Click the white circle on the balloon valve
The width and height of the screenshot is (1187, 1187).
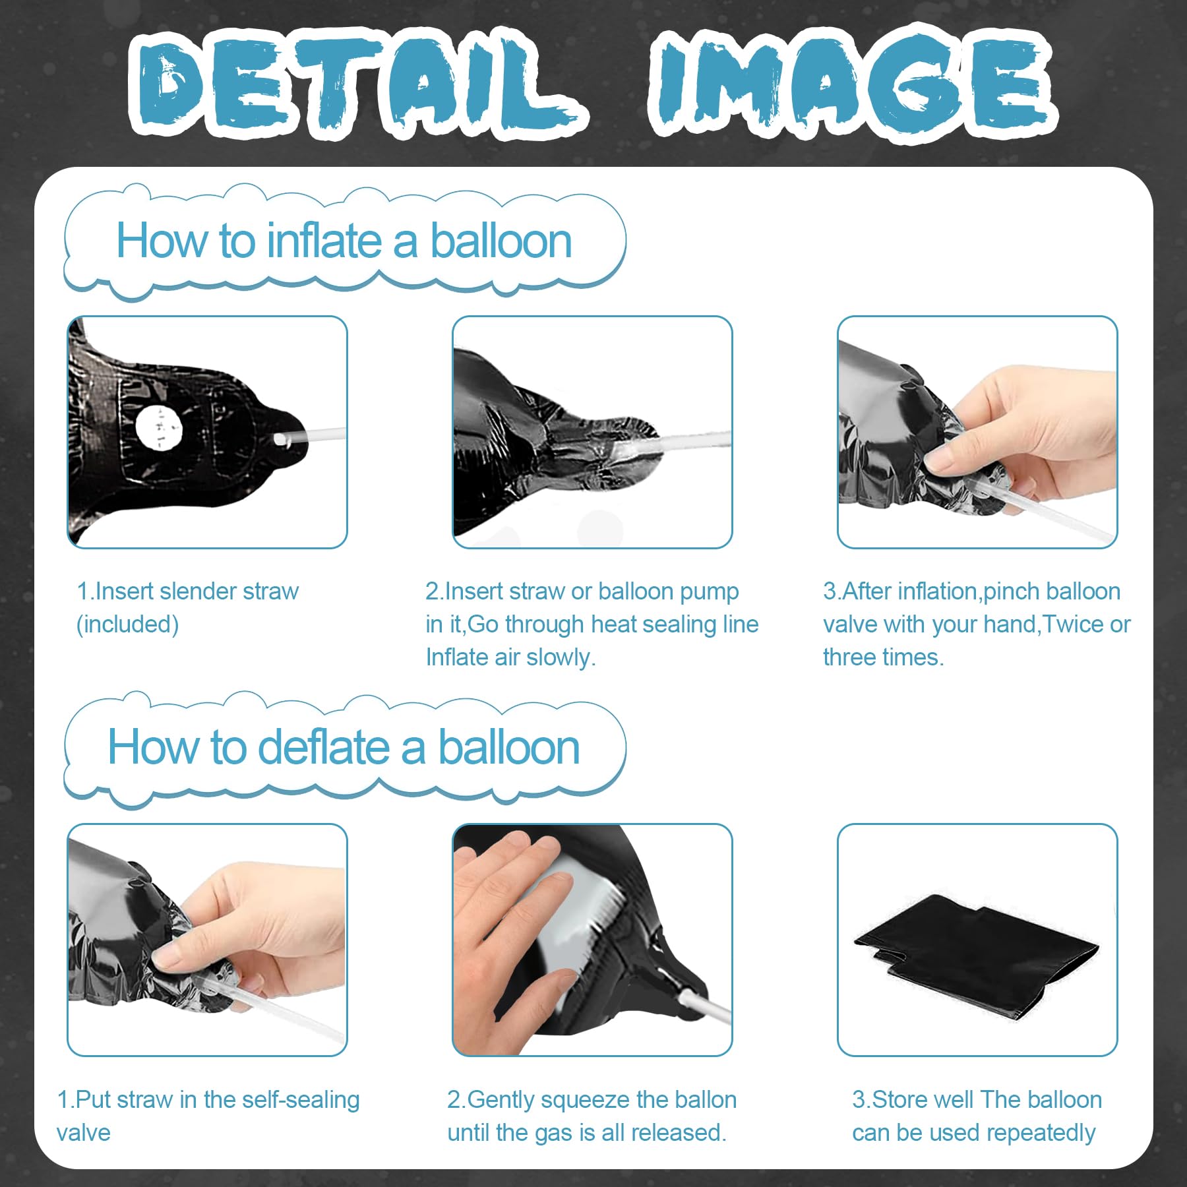click(x=158, y=427)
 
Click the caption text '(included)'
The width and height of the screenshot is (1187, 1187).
click(x=128, y=624)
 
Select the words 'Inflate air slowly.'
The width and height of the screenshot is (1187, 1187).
click(x=510, y=657)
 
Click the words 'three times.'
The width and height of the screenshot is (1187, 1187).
click(x=883, y=657)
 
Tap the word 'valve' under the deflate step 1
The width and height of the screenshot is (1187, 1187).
click(x=84, y=1133)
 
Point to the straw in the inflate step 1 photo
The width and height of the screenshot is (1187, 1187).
click(x=309, y=436)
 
